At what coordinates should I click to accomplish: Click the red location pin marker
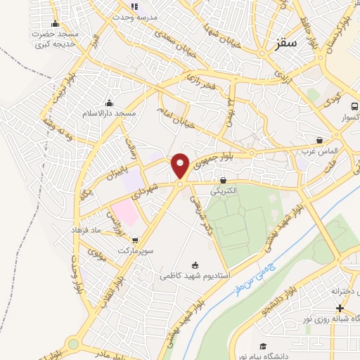[181, 165]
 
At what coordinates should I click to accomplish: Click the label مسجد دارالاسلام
[108, 113]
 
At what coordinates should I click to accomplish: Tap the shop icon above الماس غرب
[320, 141]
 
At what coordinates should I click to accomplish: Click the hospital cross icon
[340, 309]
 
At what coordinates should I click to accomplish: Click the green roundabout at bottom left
[73, 345]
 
